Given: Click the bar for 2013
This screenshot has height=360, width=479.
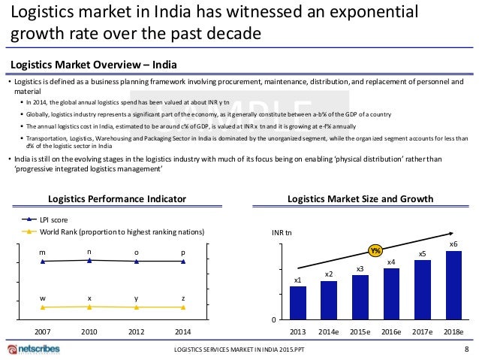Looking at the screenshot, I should pyautogui.click(x=297, y=303).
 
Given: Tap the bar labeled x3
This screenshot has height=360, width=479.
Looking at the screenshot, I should pyautogui.click(x=360, y=298).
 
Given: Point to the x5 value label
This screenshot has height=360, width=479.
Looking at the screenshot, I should pyautogui.click(x=423, y=254).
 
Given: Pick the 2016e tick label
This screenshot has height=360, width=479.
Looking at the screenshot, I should pyautogui.click(x=391, y=332).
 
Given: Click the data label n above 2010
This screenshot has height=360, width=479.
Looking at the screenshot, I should pyautogui.click(x=89, y=251).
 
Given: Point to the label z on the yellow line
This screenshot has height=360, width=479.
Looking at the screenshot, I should pyautogui.click(x=183, y=298).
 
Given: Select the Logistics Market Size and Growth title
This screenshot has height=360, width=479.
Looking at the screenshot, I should pyautogui.click(x=360, y=199).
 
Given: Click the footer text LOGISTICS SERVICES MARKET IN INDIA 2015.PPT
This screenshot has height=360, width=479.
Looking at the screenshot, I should pyautogui.click(x=239, y=351).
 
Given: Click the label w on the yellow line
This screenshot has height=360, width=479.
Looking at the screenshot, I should pyautogui.click(x=42, y=298).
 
